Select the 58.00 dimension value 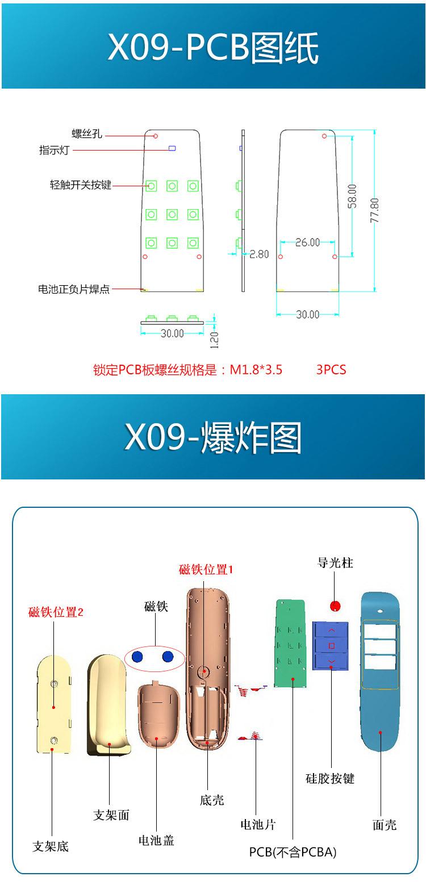353,196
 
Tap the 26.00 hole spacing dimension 307,243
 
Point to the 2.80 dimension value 259,254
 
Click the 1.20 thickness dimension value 214,339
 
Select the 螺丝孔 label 86,134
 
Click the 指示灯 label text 55,151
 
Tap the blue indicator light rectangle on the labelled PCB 172,149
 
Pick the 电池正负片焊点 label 74,289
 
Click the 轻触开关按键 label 80,185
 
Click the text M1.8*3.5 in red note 256,370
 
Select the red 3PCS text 331,370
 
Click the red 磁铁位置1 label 206,569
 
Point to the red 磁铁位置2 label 56,612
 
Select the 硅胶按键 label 330,778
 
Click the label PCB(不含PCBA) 293,852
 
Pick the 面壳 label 385,825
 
